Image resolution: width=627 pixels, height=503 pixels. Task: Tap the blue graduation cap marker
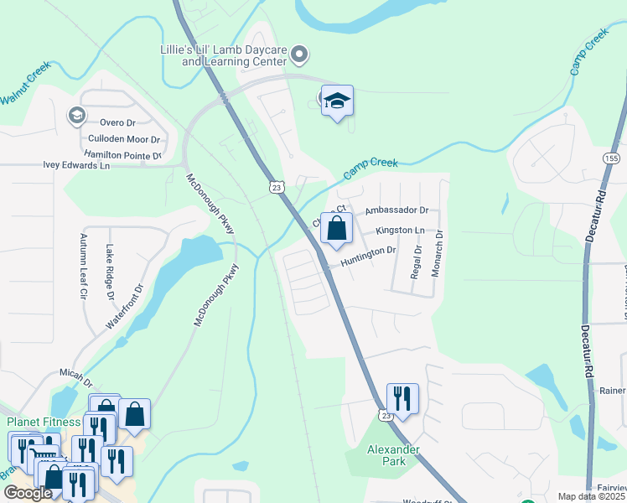337,102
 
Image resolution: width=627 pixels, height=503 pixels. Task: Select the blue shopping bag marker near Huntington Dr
336,229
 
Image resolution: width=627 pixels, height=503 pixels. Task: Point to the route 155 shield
612,157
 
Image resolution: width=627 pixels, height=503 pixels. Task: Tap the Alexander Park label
393,455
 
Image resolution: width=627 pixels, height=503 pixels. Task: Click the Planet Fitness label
44,422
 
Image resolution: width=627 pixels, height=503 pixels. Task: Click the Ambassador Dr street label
396,211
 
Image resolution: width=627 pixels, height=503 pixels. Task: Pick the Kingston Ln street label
400,230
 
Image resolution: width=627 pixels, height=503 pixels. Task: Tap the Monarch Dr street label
438,251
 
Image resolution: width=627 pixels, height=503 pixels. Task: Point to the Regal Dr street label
417,262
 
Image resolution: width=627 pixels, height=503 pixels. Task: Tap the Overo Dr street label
117,122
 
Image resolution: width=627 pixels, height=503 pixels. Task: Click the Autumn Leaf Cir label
84,266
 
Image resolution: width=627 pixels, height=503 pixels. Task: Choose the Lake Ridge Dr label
110,272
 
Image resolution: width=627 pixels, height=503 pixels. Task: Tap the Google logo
27,493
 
